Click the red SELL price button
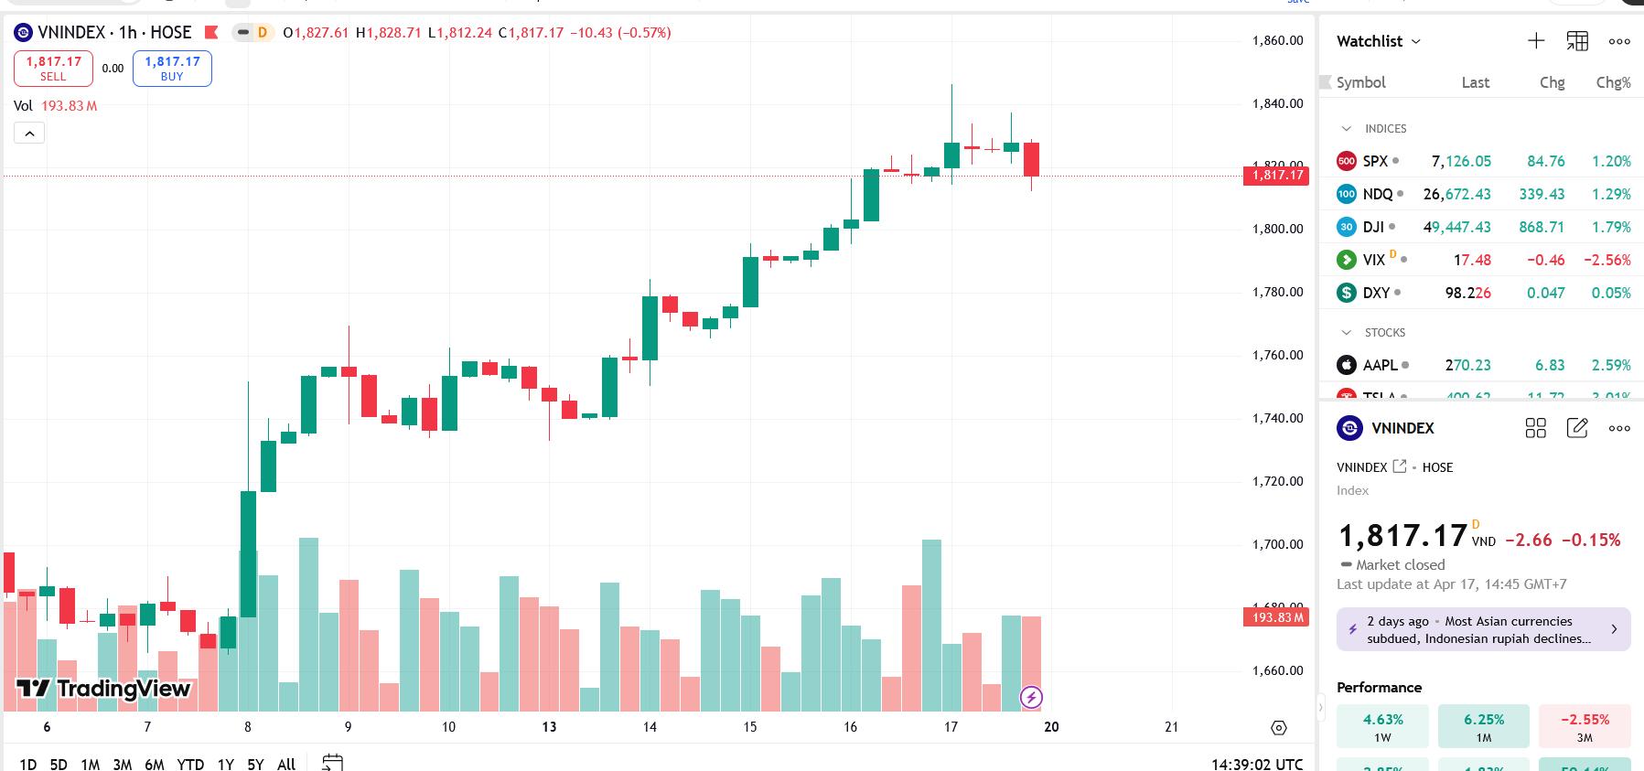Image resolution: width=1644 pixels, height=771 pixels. pyautogui.click(x=53, y=69)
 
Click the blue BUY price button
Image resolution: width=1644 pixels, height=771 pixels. pyautogui.click(x=172, y=69)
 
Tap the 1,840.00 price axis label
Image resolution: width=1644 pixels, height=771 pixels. pyautogui.click(x=1277, y=103)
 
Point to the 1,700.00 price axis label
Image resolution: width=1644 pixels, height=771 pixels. pyautogui.click(x=1277, y=544)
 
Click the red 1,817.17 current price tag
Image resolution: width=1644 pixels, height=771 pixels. pyautogui.click(x=1276, y=175)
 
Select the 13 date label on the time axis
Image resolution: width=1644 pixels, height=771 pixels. pyautogui.click(x=549, y=727)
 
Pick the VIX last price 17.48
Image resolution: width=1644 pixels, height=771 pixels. pyautogui.click(x=1471, y=260)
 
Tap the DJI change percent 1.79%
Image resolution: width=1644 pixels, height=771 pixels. pyautogui.click(x=1610, y=227)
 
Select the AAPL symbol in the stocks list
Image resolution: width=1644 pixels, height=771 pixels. pyautogui.click(x=1380, y=365)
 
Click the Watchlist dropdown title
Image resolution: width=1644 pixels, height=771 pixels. pyautogui.click(x=1378, y=41)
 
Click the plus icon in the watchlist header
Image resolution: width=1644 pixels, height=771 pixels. pyautogui.click(x=1536, y=41)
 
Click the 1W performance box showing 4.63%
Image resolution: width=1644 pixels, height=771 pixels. pyautogui.click(x=1382, y=726)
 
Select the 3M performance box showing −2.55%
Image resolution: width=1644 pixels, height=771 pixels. pyautogui.click(x=1584, y=726)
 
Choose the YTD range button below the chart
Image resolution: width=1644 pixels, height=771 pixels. pyautogui.click(x=190, y=764)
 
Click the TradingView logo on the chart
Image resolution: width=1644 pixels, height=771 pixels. pyautogui.click(x=103, y=689)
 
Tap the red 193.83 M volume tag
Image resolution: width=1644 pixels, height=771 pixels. pyautogui.click(x=1276, y=617)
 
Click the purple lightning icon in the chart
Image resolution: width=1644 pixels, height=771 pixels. pyautogui.click(x=1031, y=698)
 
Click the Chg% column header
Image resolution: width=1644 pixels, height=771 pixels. pyautogui.click(x=1612, y=82)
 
